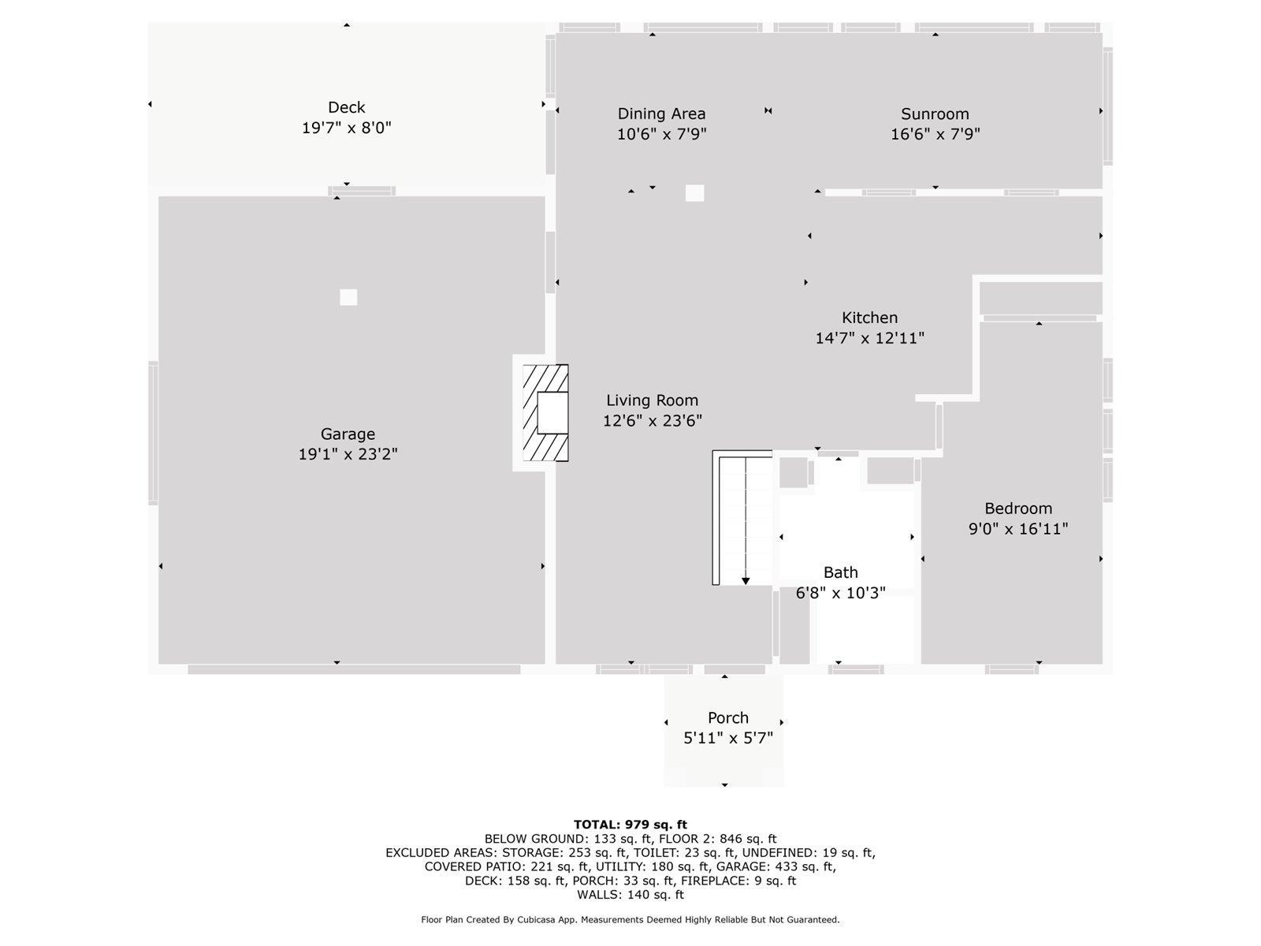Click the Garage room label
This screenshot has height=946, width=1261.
[348, 434]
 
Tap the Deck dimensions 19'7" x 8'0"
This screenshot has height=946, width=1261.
[347, 128]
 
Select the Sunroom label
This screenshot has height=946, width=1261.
[935, 114]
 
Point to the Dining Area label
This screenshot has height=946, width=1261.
[661, 114]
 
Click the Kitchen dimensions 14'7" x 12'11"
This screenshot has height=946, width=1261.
[870, 337]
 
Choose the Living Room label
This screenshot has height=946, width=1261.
[652, 400]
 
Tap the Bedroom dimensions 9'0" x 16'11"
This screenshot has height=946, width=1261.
[1018, 528]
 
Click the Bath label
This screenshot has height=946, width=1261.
[840, 572]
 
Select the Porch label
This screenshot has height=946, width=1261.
[728, 718]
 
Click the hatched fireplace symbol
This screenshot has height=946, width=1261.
[545, 413]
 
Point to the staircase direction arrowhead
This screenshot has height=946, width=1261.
[745, 581]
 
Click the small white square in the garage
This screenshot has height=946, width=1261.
[348, 297]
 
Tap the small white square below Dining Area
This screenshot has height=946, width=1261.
[694, 193]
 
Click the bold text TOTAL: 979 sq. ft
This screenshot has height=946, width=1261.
[630, 825]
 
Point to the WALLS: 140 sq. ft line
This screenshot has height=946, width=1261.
[630, 894]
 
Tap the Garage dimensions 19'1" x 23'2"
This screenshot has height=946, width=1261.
[348, 454]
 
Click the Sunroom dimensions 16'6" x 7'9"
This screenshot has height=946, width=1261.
[935, 134]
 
